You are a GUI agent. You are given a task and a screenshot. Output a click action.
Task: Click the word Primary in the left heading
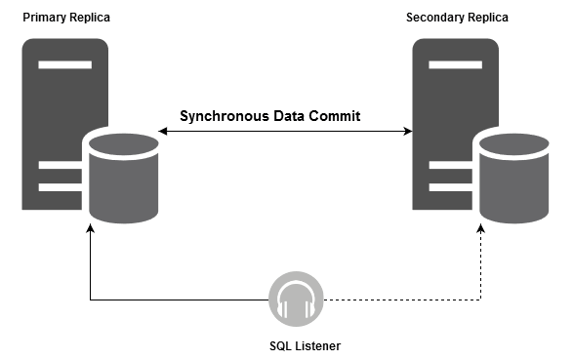(x=44, y=18)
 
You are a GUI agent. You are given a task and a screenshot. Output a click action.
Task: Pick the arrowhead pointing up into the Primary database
(x=90, y=230)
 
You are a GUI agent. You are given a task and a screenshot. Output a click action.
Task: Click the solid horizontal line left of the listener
(x=176, y=300)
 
